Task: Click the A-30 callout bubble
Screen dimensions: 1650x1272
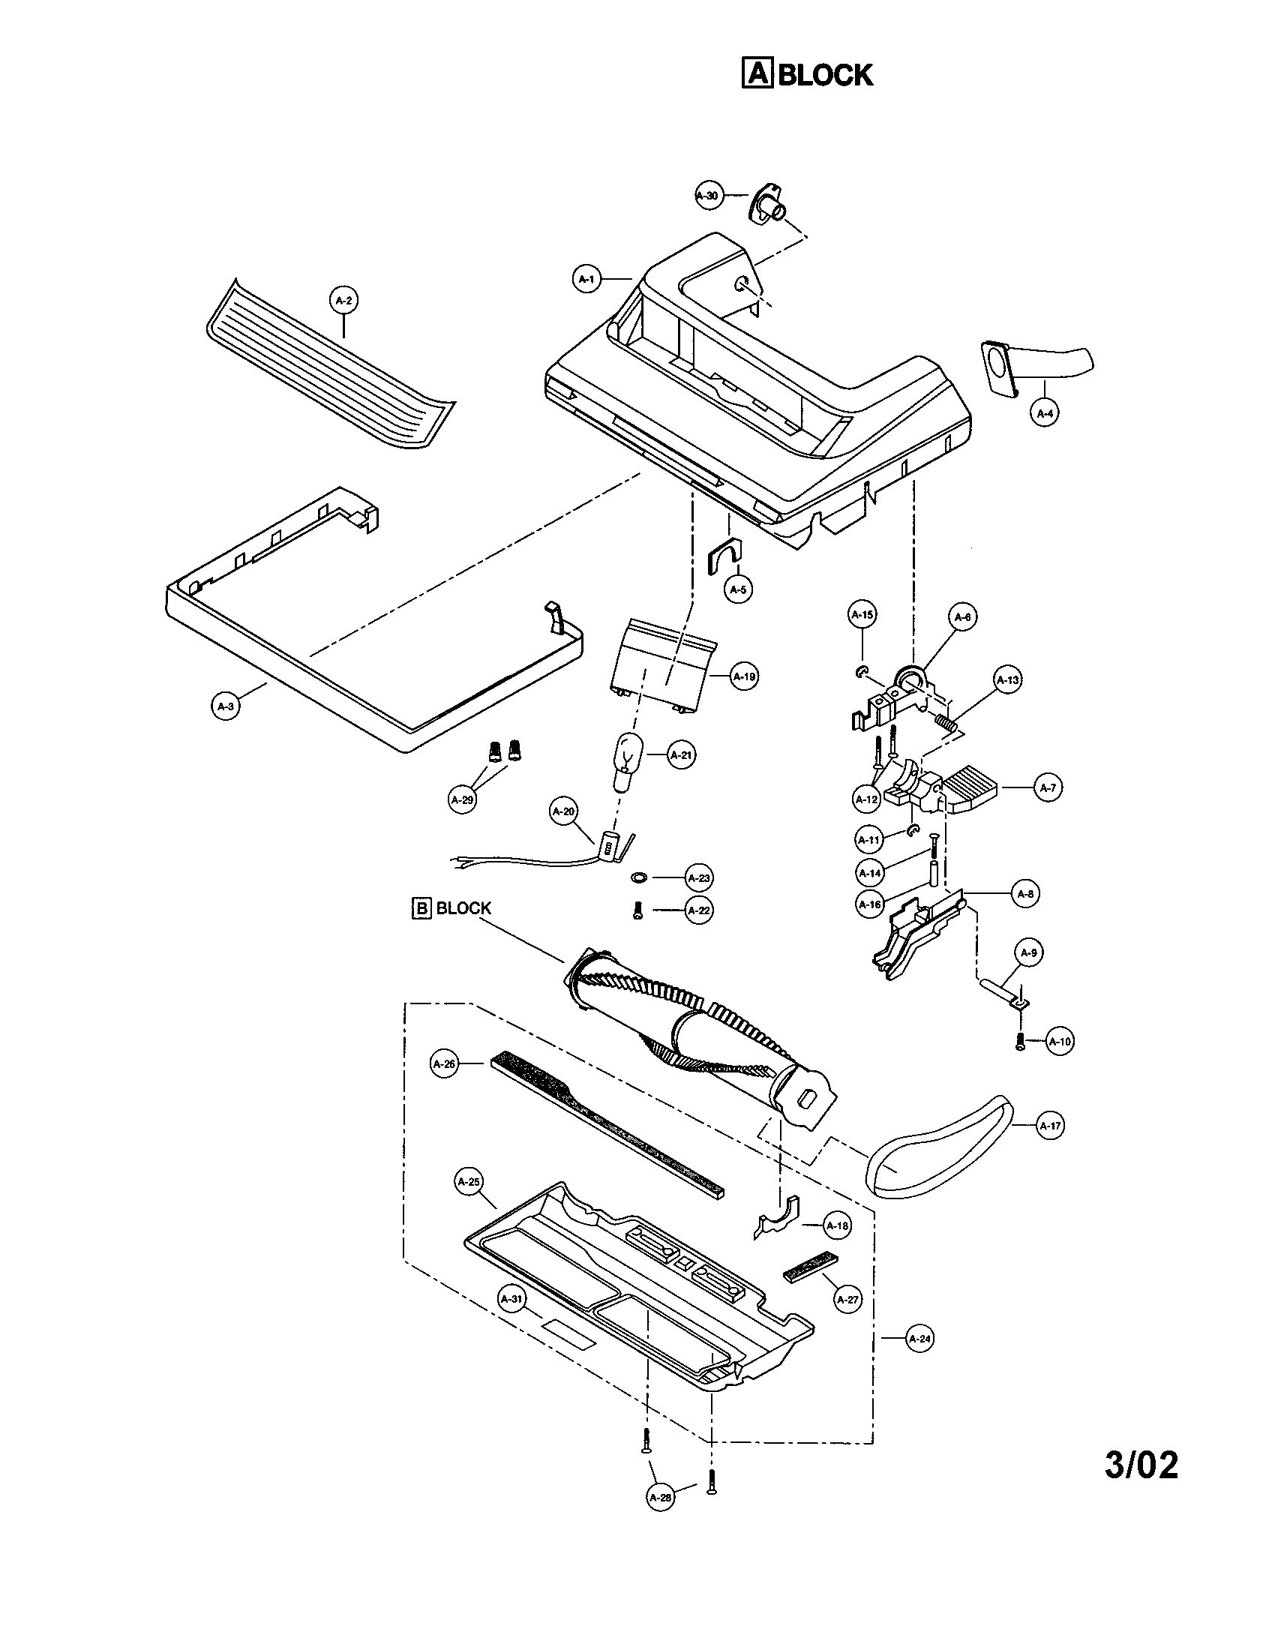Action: coord(708,196)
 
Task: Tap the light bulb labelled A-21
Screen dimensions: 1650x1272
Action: coord(625,763)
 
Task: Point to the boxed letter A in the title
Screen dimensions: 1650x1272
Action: coord(757,74)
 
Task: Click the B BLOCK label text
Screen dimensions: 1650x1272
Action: coord(451,907)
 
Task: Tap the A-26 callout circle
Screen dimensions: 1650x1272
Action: coord(445,1063)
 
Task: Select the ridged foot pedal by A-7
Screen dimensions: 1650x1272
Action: coord(973,788)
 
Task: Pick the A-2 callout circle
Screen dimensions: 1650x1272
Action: coord(343,300)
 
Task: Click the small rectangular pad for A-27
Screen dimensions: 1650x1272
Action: coord(810,1265)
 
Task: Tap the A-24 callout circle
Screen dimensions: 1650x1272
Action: coord(919,1339)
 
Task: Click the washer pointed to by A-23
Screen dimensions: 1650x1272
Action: coord(639,878)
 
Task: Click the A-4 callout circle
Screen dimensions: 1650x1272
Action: coord(1045,413)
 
